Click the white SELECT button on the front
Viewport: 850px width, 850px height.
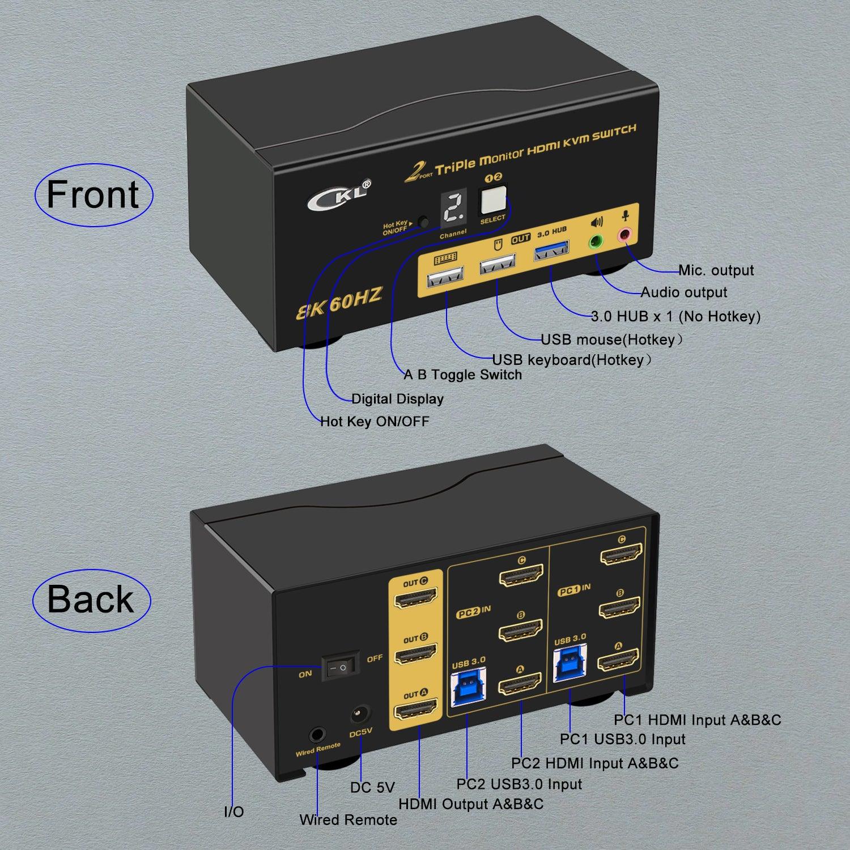click(x=492, y=200)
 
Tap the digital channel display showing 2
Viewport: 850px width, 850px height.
click(x=453, y=209)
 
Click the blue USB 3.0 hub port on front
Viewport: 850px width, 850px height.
click(x=551, y=251)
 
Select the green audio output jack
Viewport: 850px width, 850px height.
click(x=596, y=242)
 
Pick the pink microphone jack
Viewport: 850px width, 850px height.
click(x=625, y=234)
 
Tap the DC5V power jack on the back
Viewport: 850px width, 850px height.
click(x=360, y=714)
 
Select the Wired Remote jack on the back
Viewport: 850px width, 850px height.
click(x=317, y=736)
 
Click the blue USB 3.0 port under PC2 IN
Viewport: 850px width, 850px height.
click(x=468, y=686)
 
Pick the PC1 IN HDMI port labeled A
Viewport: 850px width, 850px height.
click(x=618, y=662)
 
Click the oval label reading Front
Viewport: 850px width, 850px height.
click(x=93, y=195)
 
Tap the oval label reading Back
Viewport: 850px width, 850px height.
click(x=91, y=600)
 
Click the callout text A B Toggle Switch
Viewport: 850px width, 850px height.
click(x=462, y=375)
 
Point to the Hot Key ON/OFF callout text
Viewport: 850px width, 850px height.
click(x=375, y=421)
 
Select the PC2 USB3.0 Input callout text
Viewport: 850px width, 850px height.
click(x=519, y=784)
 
